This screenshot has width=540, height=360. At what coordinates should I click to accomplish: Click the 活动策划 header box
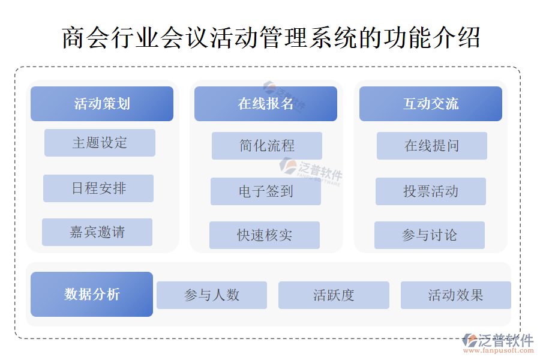(102, 104)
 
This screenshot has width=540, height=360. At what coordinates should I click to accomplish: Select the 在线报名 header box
(265, 104)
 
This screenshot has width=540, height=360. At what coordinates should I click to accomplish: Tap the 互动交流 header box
(430, 104)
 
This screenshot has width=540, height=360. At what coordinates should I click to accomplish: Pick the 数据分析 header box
(92, 294)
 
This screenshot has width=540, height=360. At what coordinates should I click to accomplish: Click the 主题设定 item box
(100, 143)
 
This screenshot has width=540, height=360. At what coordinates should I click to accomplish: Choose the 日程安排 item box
(98, 188)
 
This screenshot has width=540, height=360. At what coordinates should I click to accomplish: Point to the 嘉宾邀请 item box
(97, 232)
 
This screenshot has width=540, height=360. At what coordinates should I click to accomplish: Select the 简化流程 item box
(266, 146)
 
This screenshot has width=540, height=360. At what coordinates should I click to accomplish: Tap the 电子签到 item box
(265, 191)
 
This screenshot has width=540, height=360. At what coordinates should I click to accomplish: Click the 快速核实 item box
(264, 235)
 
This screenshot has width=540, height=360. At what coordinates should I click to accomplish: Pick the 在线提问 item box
(431, 146)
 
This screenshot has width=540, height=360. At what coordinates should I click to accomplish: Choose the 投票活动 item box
(430, 191)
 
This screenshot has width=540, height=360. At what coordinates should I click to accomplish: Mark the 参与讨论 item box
(429, 235)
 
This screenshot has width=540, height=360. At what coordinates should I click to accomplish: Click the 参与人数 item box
(212, 295)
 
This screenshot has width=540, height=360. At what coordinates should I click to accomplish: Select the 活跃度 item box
(334, 295)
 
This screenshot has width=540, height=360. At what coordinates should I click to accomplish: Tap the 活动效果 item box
(455, 295)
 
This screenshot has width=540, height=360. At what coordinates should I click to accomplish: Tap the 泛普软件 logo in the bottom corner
(498, 340)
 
